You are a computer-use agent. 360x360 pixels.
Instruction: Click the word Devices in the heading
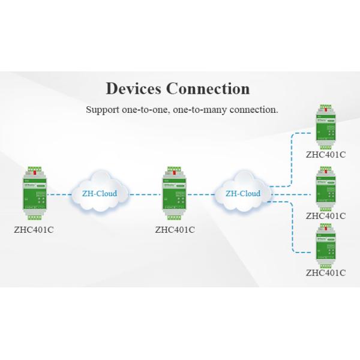coord(134,89)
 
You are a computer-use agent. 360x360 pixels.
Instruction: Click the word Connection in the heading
coord(208,89)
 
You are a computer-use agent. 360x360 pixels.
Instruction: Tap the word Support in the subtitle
coord(103,110)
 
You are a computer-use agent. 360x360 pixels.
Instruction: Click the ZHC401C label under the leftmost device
coord(34,229)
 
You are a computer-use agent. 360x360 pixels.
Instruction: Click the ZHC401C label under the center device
coord(175,229)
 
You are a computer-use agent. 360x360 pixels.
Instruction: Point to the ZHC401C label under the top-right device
coord(326,154)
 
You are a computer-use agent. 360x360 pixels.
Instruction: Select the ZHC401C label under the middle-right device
coord(326,216)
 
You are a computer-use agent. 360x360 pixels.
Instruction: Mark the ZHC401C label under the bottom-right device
coord(326,272)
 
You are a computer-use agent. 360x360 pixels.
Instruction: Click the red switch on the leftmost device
coord(34,173)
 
